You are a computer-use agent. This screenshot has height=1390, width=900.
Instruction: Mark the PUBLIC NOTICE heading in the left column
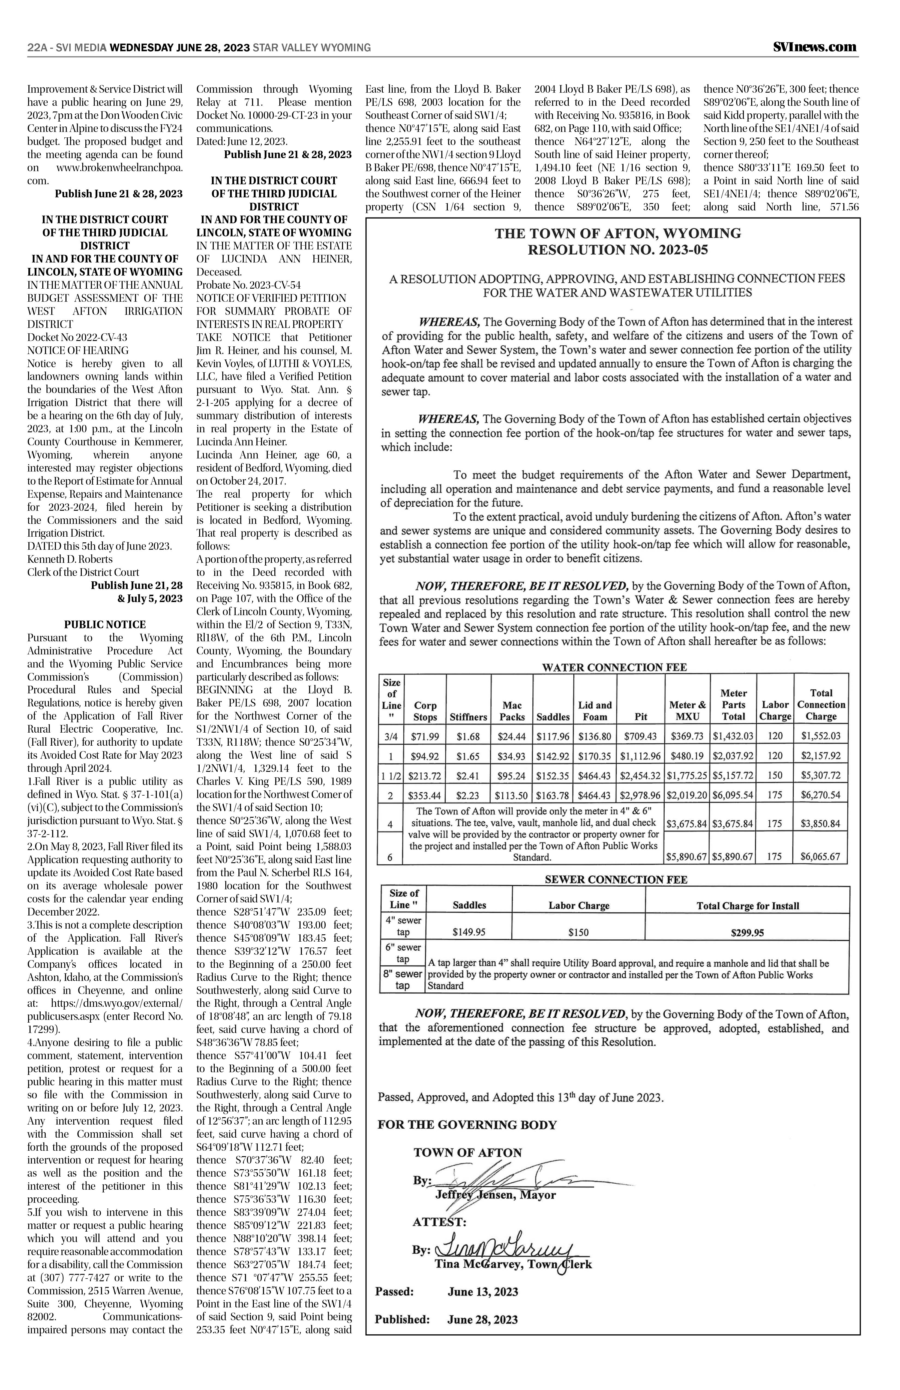(x=105, y=624)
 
